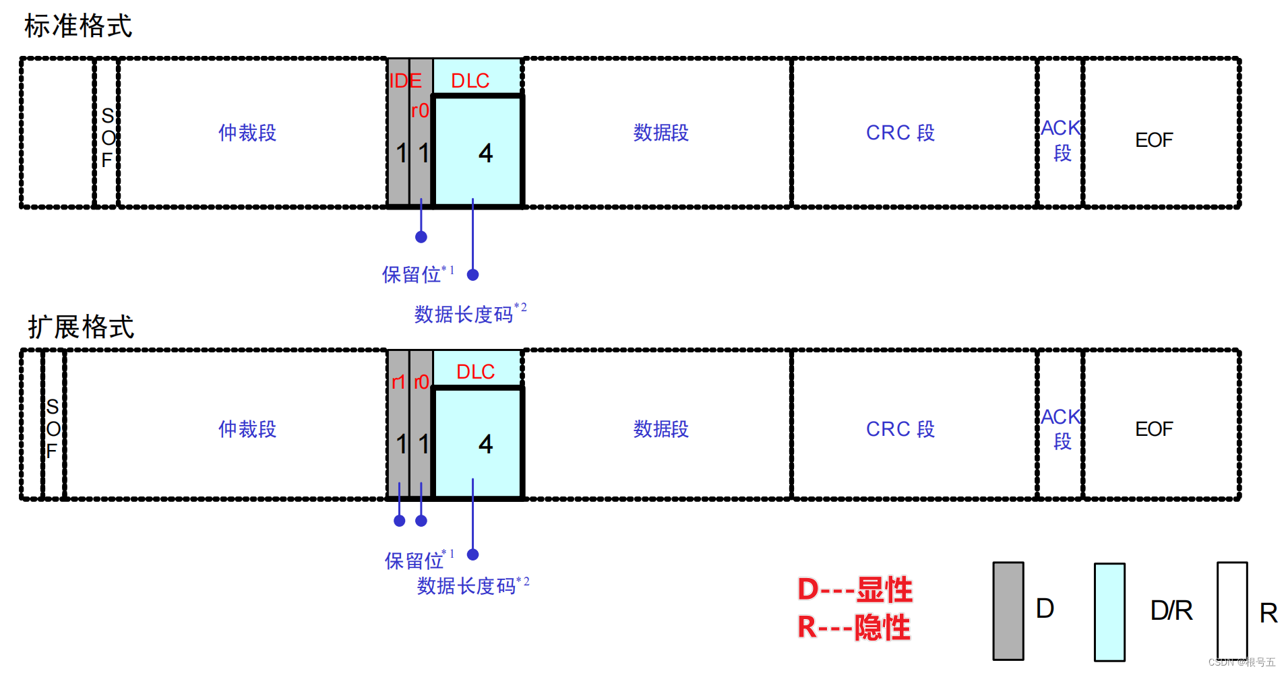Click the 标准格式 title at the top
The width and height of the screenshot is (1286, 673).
78,26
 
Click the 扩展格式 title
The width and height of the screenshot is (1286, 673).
81,327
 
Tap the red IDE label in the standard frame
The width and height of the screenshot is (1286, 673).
405,81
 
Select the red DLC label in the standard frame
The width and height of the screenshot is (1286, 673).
470,81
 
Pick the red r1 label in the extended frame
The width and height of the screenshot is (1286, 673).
398,383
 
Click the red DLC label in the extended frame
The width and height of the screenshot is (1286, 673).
475,372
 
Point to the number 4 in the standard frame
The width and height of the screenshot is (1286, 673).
485,154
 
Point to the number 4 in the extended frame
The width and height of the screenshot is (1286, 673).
485,445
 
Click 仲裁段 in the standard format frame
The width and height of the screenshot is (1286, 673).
247,133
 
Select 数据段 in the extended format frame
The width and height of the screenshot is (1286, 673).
661,429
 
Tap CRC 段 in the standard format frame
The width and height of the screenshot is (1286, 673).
900,133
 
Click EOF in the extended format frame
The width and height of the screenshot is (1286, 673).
1154,429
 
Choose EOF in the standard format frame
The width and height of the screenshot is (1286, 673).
1154,140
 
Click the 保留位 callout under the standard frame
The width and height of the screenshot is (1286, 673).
412,274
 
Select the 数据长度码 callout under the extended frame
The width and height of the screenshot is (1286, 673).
466,586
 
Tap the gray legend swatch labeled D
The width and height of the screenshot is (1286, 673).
1008,610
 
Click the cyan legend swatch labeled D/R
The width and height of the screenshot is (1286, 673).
1109,612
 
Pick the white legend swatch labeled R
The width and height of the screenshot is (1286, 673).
1232,610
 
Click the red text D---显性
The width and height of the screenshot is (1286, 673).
855,589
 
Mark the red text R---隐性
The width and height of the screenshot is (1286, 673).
854,627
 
